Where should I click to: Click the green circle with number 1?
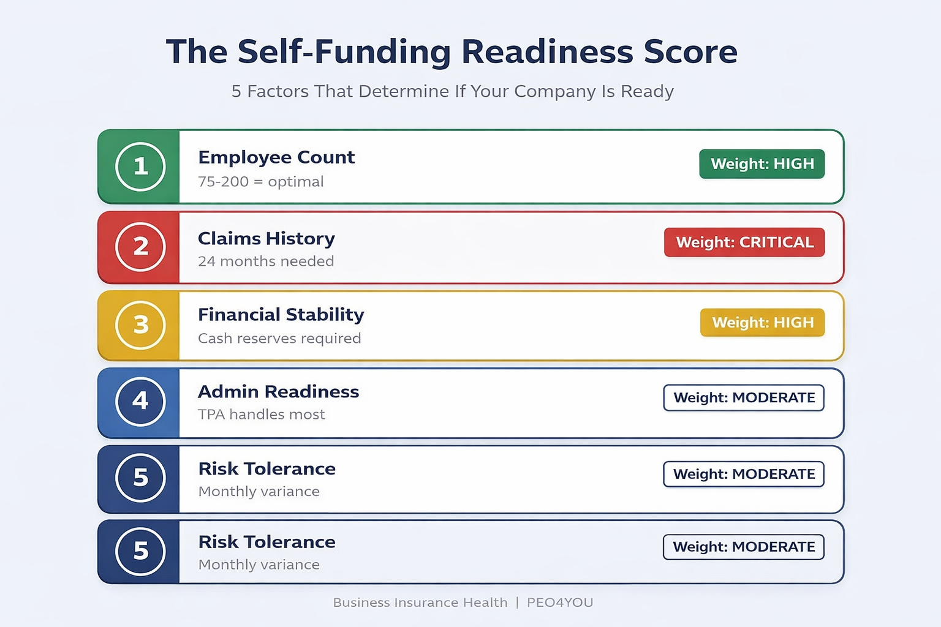(140, 167)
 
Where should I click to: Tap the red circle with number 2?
(140, 246)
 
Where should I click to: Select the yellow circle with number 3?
(140, 325)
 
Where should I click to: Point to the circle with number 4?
(140, 401)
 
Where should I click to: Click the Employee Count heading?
(276, 157)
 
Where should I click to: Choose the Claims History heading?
(266, 238)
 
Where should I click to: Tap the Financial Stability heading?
(281, 315)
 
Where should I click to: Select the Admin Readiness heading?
(279, 391)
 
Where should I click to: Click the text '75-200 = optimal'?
(261, 182)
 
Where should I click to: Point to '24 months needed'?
(266, 261)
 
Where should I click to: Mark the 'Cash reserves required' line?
(279, 339)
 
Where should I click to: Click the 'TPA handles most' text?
(262, 415)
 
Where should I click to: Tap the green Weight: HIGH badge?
(762, 164)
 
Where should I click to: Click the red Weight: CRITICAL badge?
(744, 242)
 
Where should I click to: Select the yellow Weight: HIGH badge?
(763, 323)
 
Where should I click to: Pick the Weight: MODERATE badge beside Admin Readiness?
(744, 398)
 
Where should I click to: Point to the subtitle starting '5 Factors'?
(453, 91)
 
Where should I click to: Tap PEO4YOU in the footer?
(560, 603)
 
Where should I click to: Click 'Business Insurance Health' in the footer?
(420, 603)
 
